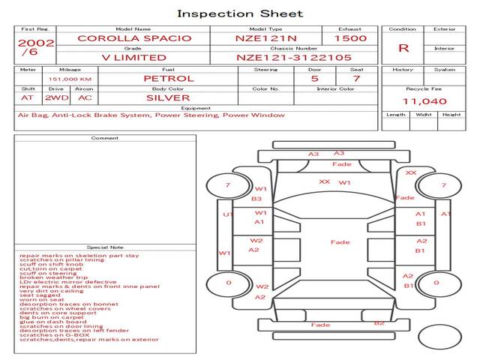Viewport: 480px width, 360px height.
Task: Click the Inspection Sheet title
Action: click(x=239, y=13)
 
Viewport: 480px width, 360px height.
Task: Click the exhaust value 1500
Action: click(x=350, y=37)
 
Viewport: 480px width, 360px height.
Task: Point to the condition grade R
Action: click(x=403, y=48)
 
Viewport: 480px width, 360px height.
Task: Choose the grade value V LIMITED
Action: click(x=133, y=57)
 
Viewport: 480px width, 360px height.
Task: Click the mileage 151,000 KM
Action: click(x=70, y=79)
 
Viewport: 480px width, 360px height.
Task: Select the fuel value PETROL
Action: click(x=169, y=78)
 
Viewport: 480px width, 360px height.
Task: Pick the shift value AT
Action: click(x=28, y=97)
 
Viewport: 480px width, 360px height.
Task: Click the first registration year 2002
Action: click(x=35, y=43)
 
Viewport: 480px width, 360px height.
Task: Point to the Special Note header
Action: click(x=105, y=247)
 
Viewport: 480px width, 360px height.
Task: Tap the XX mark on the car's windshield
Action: click(x=324, y=181)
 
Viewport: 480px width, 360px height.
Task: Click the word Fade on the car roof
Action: click(x=340, y=242)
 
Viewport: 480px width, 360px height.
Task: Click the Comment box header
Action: click(x=105, y=138)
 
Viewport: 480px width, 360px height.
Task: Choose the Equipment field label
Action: click(x=195, y=107)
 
